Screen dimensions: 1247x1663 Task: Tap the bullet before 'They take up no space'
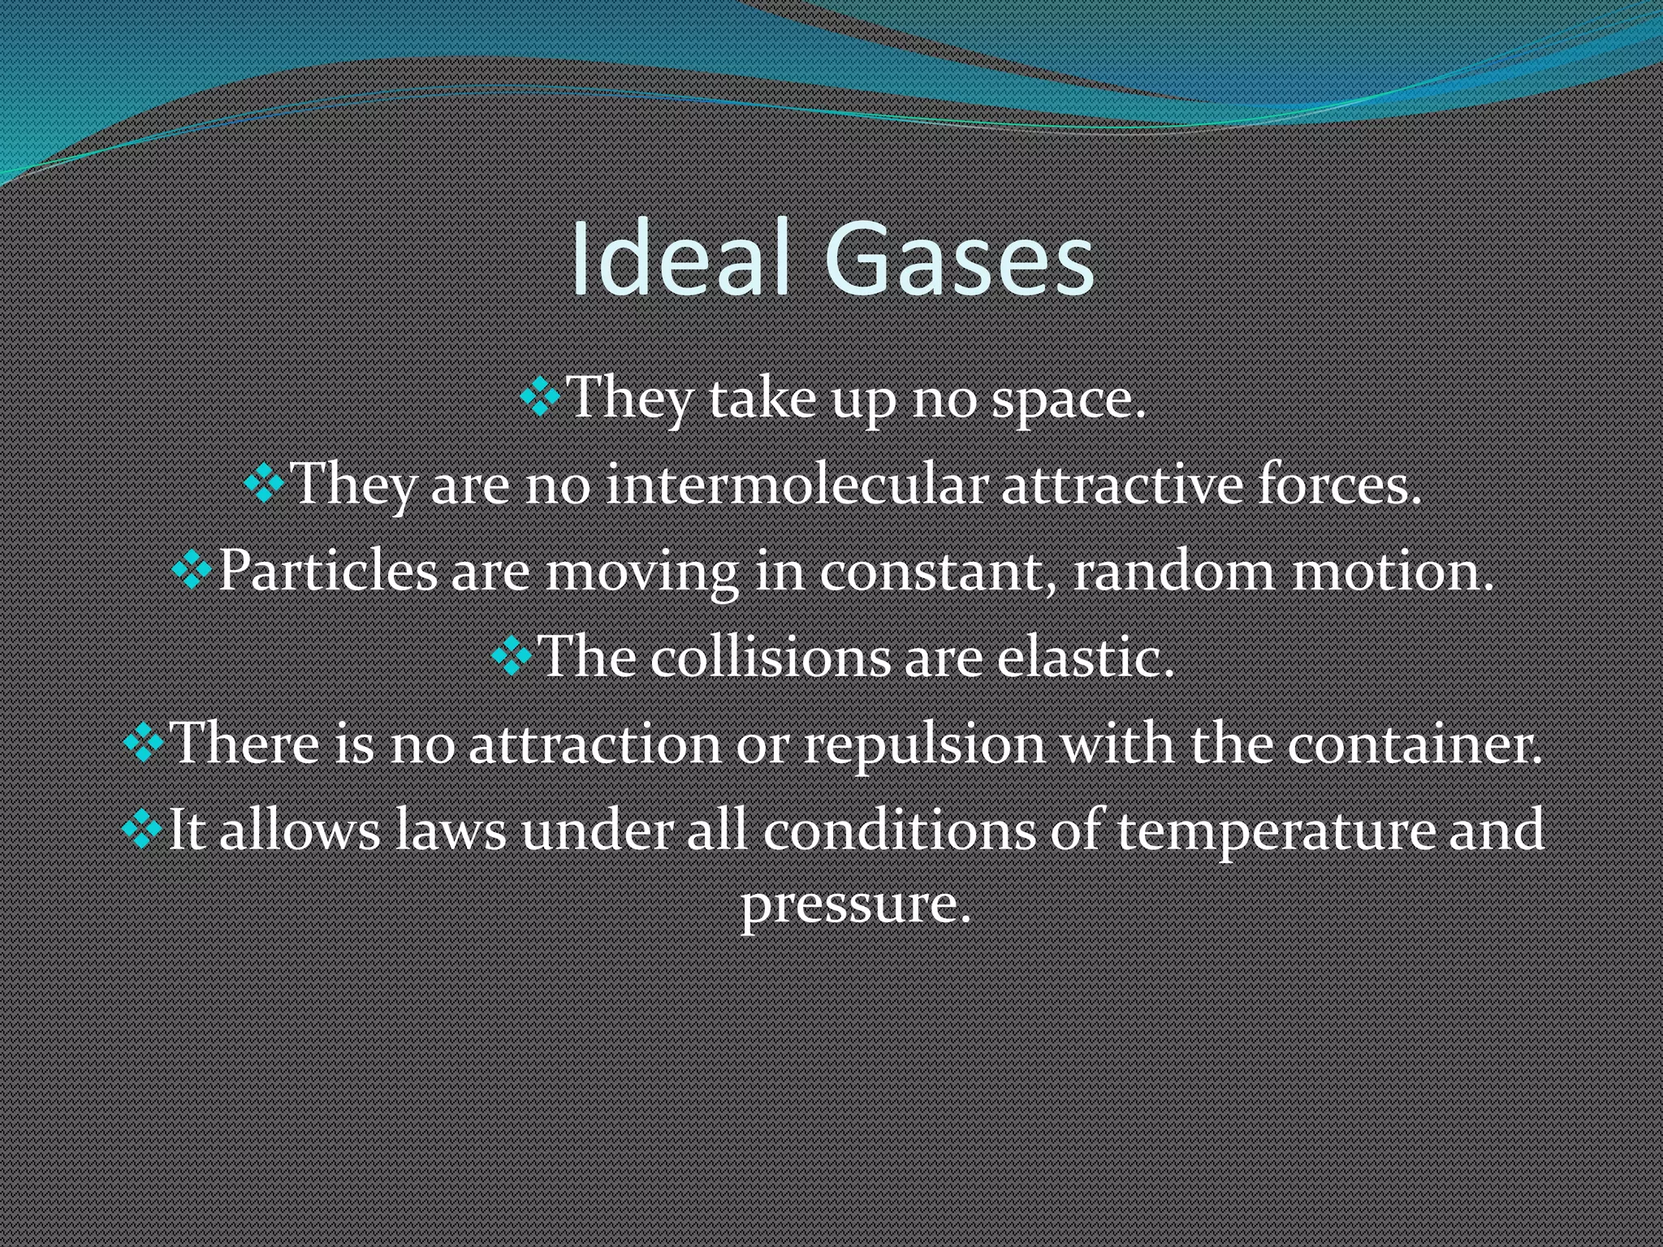tap(540, 398)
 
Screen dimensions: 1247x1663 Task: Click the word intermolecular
tap(797, 485)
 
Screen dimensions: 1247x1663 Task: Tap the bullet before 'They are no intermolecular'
tap(264, 485)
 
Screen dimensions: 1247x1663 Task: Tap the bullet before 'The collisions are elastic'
tap(512, 657)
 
